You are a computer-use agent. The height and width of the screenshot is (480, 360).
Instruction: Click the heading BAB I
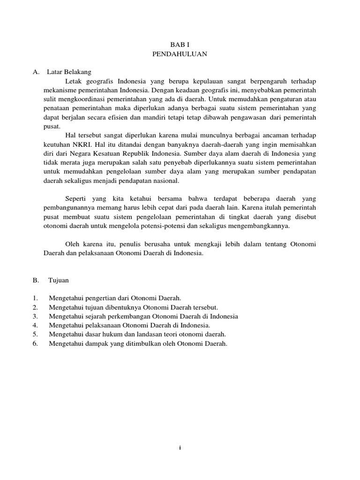[x=180, y=45]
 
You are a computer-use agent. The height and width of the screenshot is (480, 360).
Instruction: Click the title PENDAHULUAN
[x=180, y=54]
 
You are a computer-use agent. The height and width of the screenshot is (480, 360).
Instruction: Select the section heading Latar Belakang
[x=69, y=72]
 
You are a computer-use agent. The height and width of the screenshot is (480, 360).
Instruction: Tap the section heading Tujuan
[x=59, y=280]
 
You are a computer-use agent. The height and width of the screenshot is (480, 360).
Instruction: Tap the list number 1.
[x=35, y=298]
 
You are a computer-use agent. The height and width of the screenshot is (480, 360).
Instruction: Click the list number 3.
[x=35, y=316]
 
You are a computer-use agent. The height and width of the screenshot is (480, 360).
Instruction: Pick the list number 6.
[x=35, y=344]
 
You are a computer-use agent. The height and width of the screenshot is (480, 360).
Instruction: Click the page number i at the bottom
[x=180, y=448]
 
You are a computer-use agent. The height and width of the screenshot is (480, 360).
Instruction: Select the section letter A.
[x=35, y=72]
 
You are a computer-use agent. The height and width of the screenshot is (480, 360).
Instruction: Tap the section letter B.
[x=35, y=280]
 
